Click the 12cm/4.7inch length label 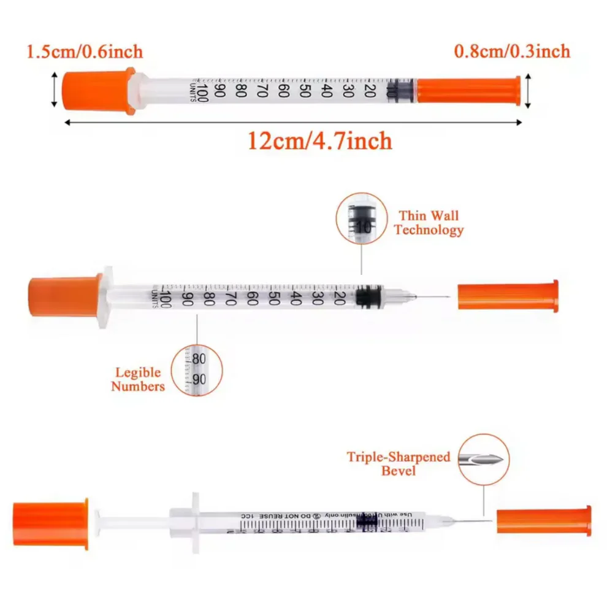pos(319,141)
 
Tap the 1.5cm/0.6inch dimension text pos(85,52)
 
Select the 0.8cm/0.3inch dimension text pos(511,52)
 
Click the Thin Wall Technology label pos(429,223)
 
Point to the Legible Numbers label pos(138,379)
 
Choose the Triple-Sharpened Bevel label pos(399,463)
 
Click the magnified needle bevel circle pos(483,458)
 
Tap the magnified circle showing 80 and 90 pos(197,369)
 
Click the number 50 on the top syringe pos(304,91)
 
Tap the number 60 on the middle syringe pos(252,298)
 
